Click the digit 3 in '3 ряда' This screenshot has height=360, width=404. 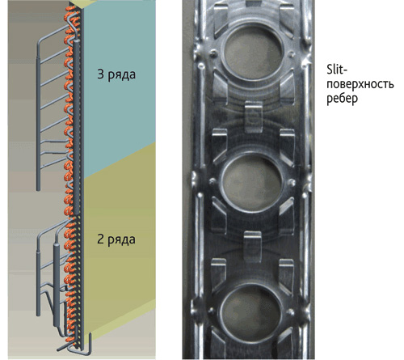tap(100, 74)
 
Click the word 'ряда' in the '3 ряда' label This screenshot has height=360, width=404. tap(122, 75)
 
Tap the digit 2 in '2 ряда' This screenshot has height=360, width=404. tap(100, 239)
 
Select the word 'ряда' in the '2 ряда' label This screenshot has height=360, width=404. tap(122, 240)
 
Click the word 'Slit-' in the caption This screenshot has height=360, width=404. tap(337, 70)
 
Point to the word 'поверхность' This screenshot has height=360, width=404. tap(360, 84)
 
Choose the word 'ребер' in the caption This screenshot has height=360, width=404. tap(343, 98)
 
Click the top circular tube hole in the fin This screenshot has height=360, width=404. tap(252, 52)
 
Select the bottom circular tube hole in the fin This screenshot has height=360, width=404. tap(252, 310)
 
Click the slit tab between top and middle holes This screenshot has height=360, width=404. tap(253, 116)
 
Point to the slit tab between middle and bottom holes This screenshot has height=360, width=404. tap(252, 246)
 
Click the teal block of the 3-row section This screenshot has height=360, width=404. tap(119, 89)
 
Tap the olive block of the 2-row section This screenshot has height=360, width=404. tap(119, 243)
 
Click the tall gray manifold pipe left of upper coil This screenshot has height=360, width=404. tap(39, 116)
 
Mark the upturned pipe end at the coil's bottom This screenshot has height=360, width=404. tap(90, 342)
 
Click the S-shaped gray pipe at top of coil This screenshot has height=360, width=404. tap(73, 27)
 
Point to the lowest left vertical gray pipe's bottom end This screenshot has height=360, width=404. tap(38, 315)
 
